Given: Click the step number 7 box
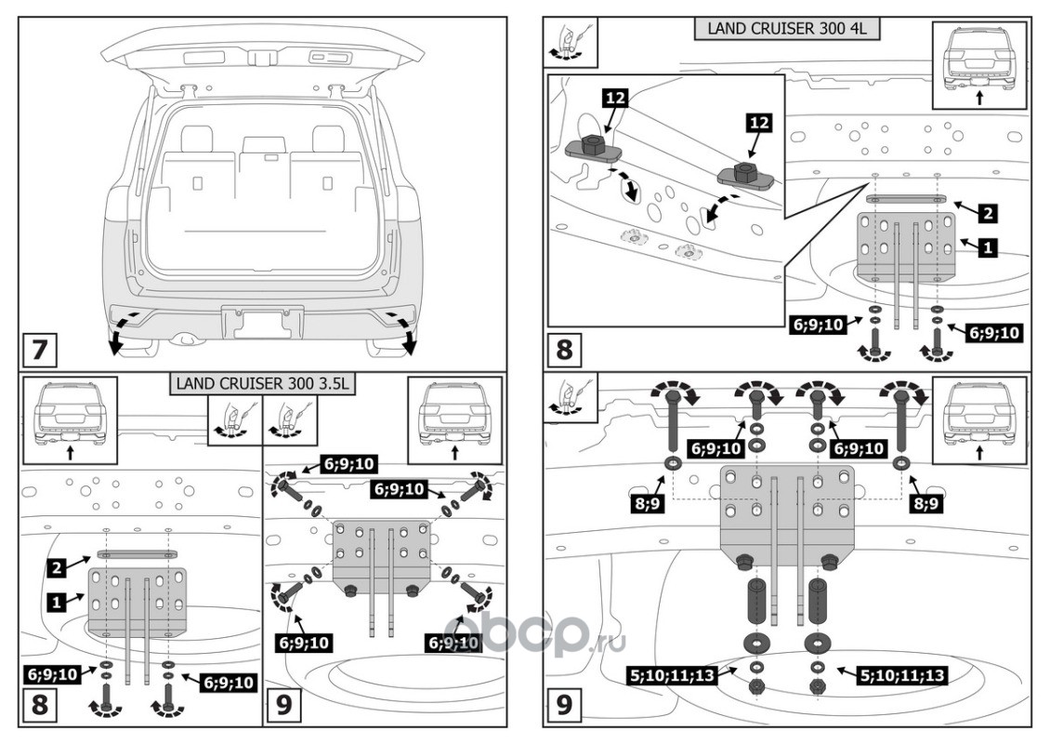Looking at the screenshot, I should click(39, 352).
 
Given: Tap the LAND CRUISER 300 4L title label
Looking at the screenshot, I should click(786, 28).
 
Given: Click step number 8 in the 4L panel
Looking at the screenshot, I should click(565, 352).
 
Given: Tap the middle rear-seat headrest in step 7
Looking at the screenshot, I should click(261, 146).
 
